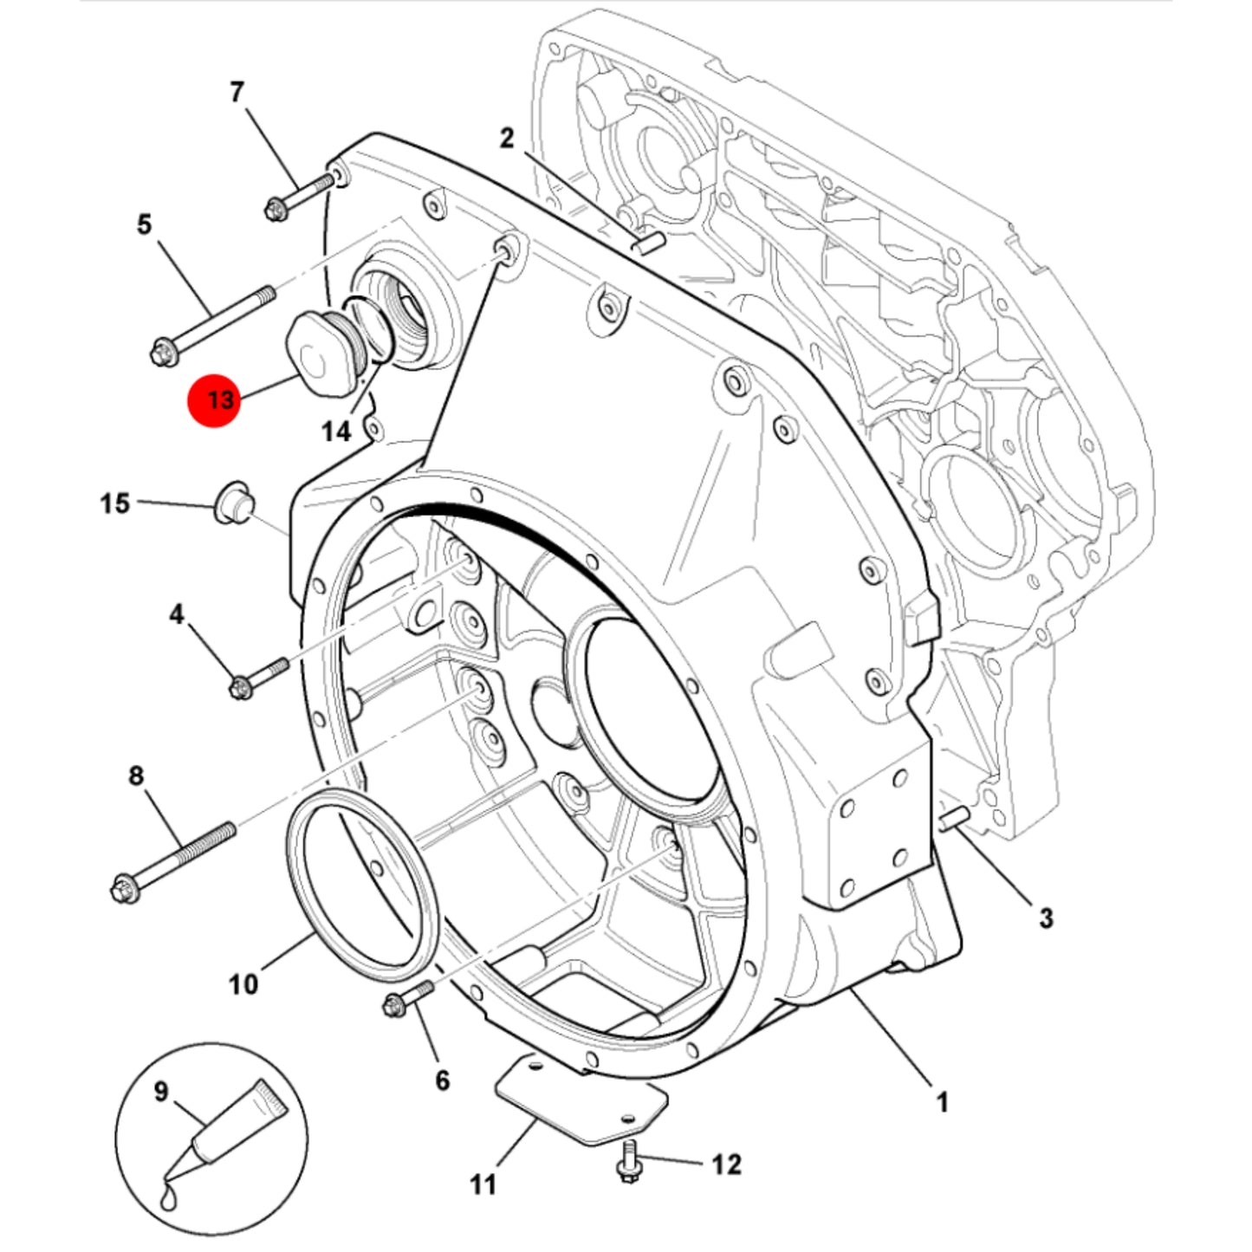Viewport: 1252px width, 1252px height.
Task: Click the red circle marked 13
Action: click(213, 400)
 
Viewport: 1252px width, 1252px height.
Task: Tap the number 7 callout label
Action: click(237, 92)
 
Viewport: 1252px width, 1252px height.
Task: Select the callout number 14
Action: click(336, 431)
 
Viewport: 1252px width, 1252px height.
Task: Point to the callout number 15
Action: click(115, 503)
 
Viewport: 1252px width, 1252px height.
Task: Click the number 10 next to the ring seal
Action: click(243, 985)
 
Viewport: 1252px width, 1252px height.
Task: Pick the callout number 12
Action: click(726, 1164)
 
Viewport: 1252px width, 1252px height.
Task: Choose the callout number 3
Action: click(1046, 918)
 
